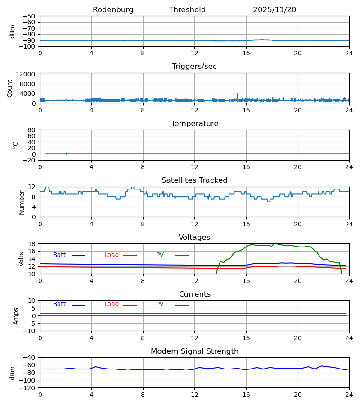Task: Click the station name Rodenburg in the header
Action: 113,10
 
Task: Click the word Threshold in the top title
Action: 187,10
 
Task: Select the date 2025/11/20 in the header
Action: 274,10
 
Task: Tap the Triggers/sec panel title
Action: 194,67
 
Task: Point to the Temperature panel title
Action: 194,124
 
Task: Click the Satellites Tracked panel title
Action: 194,180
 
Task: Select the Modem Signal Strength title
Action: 194,351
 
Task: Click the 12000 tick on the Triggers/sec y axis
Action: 28,74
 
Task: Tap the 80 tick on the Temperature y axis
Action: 32,130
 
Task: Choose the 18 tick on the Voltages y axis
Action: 32,244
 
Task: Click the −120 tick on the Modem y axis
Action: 28,387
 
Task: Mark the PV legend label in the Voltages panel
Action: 160,255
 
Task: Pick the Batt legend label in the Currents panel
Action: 59,304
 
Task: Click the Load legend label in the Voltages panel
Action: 112,255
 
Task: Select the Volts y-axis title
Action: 22,259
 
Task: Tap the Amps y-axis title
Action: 16,316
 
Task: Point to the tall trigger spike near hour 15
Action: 238,94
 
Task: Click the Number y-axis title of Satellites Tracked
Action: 22,202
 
